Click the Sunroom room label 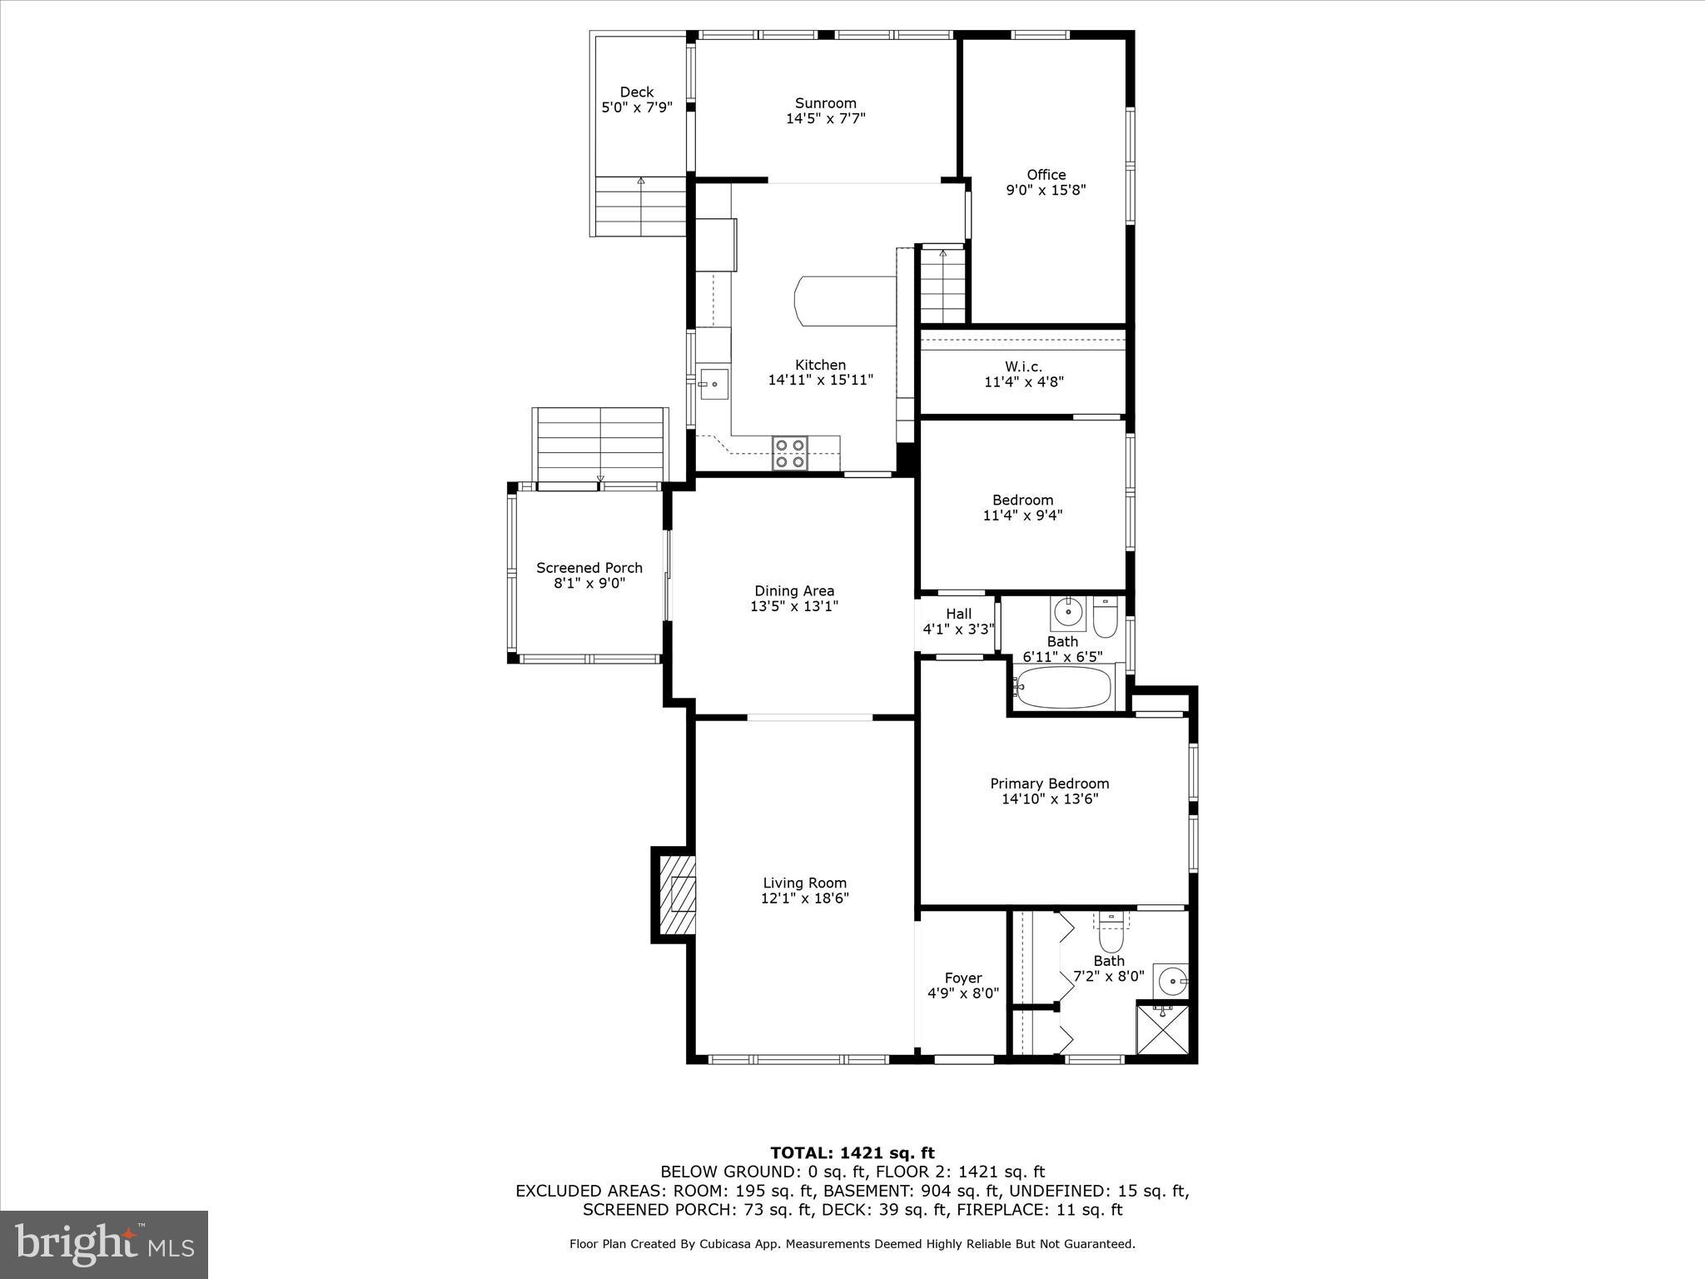coord(825,103)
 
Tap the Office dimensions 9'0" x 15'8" coord(1046,190)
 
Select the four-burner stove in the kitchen coord(790,453)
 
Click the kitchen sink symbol coord(713,384)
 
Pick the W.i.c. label coord(1023,366)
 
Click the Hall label coord(958,614)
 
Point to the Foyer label coord(963,978)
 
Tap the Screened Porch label coord(589,568)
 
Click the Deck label coord(637,92)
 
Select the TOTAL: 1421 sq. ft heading coord(852,1153)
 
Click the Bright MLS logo coord(104,1244)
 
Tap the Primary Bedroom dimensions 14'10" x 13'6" coord(1050,799)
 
